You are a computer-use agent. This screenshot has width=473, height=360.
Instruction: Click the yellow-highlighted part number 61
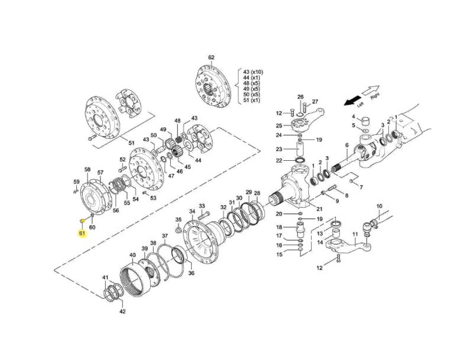pos(82,233)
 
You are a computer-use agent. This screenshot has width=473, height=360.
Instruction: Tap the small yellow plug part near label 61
pos(82,221)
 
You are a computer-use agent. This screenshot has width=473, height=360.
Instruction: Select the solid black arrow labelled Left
pos(352,100)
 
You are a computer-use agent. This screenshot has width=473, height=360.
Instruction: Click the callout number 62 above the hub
pos(211,57)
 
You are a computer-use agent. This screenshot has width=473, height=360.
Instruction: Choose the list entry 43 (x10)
pos(254,72)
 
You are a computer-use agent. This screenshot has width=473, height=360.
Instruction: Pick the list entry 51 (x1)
pos(252,100)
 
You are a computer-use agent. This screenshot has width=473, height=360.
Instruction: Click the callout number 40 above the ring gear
pos(132,255)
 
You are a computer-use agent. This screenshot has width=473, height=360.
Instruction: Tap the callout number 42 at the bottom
pos(122,312)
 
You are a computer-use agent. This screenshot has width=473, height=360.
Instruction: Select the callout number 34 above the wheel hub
pos(192,212)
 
